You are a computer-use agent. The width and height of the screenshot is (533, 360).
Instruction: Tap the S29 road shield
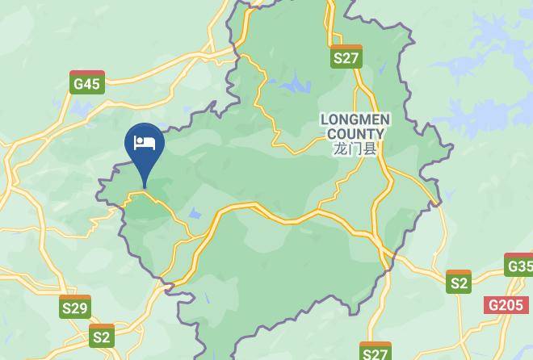click(x=75, y=308)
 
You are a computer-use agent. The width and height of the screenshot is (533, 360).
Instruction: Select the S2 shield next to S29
click(x=102, y=336)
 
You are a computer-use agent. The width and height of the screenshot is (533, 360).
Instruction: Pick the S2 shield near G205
click(x=459, y=283)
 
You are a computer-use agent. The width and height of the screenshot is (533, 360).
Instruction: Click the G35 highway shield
click(x=519, y=266)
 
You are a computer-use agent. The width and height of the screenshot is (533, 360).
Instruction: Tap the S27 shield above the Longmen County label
click(x=346, y=57)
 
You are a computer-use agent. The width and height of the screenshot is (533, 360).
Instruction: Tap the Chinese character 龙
click(x=339, y=149)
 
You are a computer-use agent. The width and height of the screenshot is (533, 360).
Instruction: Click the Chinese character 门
click(x=355, y=149)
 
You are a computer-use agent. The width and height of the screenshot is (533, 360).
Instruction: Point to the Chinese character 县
click(x=370, y=149)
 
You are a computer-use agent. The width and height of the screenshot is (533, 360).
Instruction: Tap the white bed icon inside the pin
click(x=145, y=143)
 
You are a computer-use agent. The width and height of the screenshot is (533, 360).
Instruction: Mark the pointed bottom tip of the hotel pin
click(x=145, y=187)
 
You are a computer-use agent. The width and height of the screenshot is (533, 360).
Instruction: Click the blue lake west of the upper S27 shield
click(x=292, y=83)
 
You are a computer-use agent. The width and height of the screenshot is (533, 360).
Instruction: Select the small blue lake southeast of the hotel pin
click(x=195, y=215)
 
